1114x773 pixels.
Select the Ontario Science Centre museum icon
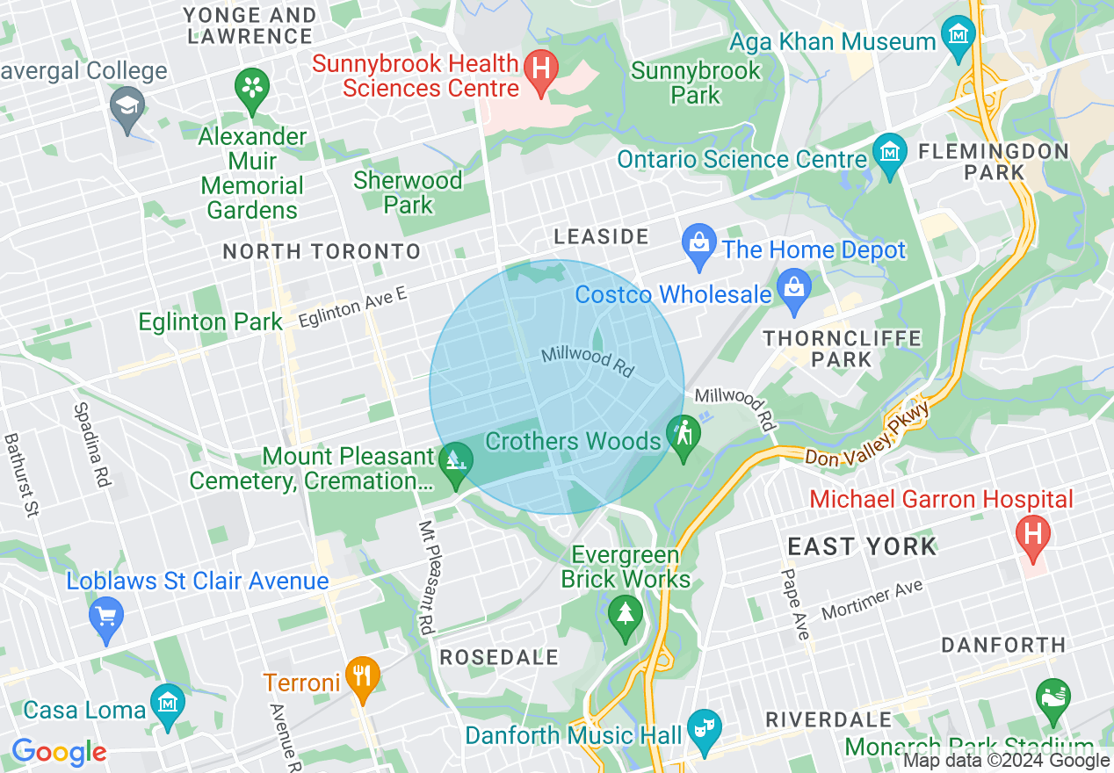coord(890,152)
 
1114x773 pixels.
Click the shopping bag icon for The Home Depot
coord(699,242)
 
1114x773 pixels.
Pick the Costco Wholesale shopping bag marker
coord(794,288)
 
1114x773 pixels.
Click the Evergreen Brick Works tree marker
coord(625,612)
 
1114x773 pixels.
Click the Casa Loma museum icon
coord(167,703)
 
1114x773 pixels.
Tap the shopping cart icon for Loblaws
coord(106,615)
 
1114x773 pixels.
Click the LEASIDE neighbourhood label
coord(601,236)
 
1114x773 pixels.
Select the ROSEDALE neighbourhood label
coord(499,657)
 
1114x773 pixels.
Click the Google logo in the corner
coord(59,753)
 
